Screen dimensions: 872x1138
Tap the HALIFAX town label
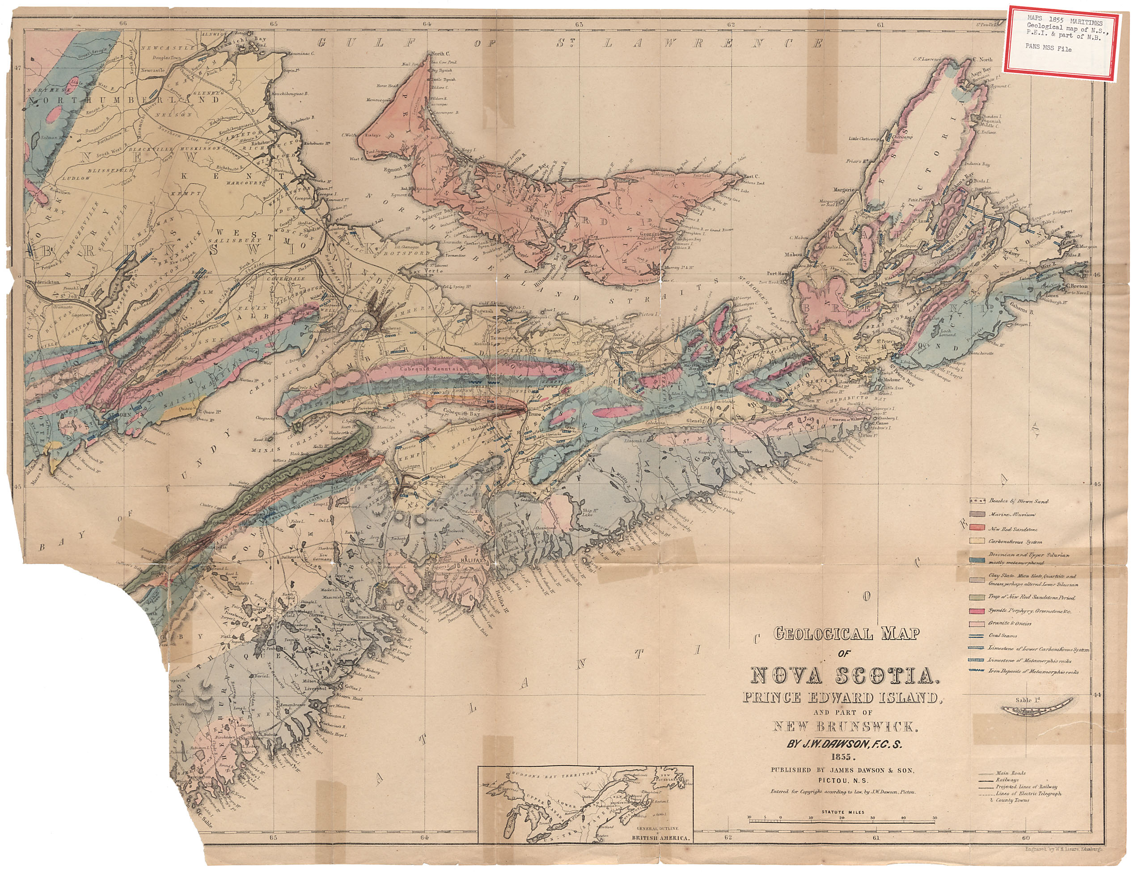(470, 561)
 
